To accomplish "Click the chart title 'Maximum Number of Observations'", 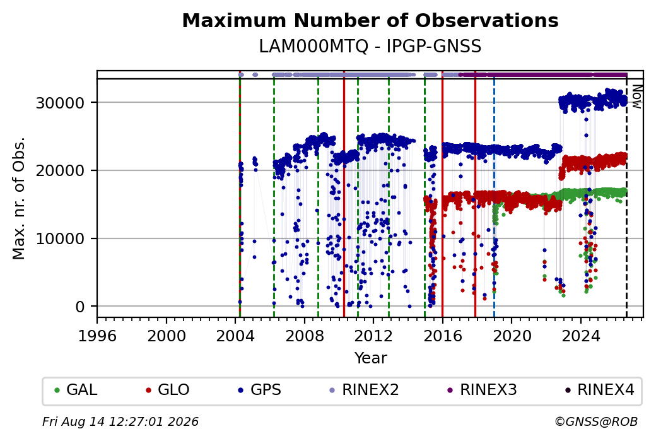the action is (370, 20).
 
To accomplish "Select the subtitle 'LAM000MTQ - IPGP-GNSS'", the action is (370, 47).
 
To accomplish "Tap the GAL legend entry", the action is (76, 390).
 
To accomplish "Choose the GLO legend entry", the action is (167, 390).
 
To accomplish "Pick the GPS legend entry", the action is (260, 390).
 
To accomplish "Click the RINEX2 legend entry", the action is (365, 390).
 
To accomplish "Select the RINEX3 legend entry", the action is (483, 390).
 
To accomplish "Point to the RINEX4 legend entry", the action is (600, 390).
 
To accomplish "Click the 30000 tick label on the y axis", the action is (61, 103).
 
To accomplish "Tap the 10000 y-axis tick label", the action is (61, 239).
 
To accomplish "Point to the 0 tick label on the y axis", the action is (80, 307).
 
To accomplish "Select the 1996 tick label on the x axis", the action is (98, 336).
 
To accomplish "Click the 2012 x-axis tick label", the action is (373, 336).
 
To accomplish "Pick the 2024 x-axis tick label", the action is (581, 336).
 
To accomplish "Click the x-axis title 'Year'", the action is (371, 358).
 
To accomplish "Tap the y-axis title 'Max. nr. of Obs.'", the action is (19, 198).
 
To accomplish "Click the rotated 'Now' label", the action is (637, 97).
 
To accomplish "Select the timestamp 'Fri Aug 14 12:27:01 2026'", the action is (120, 421).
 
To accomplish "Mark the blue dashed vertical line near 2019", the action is (494, 198).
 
